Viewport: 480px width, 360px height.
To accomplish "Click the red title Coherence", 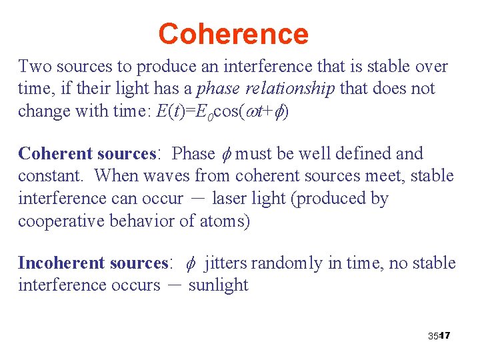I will click(233, 33).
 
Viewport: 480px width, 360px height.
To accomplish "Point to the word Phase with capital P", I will click(193, 153).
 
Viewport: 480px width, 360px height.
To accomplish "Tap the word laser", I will click(229, 198).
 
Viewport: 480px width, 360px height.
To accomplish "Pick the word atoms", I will click(224, 221).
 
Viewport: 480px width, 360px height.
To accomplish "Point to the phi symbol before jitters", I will click(190, 263).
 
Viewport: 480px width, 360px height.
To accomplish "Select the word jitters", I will click(227, 263).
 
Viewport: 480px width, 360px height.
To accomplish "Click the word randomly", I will click(288, 263).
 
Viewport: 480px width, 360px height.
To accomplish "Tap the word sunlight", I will click(219, 285).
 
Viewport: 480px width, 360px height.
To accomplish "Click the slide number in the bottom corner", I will click(440, 335).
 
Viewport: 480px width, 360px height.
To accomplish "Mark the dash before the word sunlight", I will click(175, 285).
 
